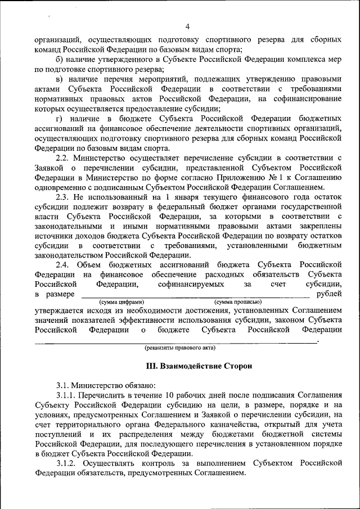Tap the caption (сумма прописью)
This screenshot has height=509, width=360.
tap(234, 302)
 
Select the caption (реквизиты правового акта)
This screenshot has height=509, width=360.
tap(177, 348)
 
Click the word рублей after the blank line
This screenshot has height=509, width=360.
tap(329, 294)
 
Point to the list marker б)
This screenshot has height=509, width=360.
tap(60, 60)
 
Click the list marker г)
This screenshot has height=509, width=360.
tap(60, 119)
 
